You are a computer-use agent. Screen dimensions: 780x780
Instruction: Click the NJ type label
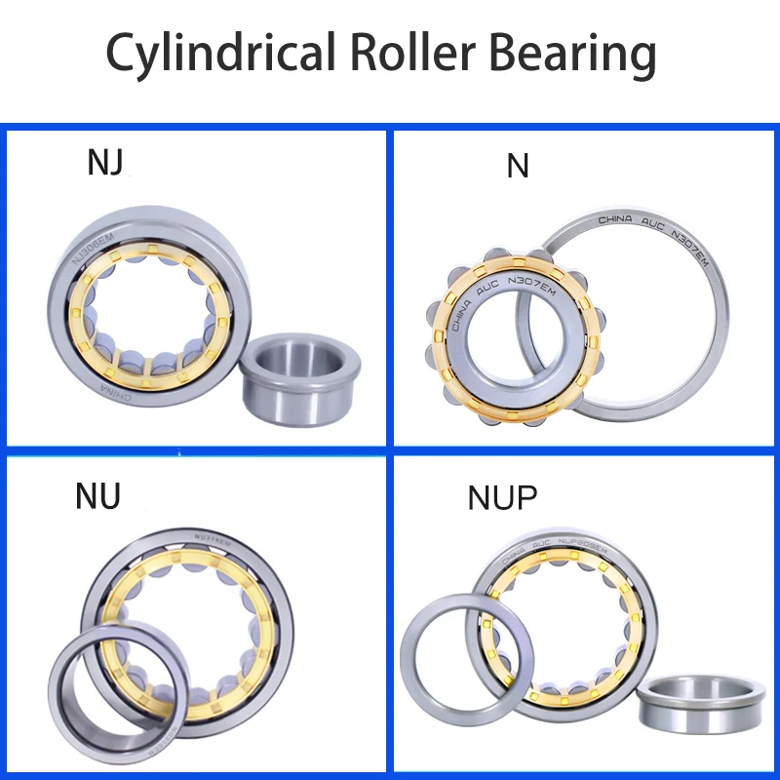click(105, 163)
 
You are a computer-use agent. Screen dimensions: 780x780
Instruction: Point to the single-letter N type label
click(518, 167)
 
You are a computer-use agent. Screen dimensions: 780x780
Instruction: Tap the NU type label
click(97, 496)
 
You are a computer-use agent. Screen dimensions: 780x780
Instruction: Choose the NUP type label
click(502, 498)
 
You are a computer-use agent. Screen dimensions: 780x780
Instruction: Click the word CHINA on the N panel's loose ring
click(615, 220)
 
